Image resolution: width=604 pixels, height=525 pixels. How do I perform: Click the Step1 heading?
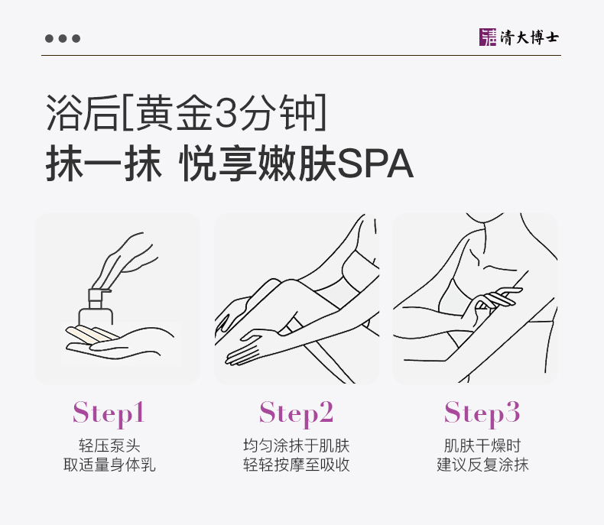(x=109, y=413)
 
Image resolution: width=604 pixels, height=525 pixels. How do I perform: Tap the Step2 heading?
(x=296, y=413)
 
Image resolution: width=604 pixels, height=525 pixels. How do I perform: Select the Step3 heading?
(x=482, y=413)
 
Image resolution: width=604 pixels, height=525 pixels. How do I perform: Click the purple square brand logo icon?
(x=488, y=37)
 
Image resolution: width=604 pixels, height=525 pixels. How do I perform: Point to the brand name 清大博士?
(x=529, y=37)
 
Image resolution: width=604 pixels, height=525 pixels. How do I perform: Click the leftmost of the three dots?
(x=49, y=38)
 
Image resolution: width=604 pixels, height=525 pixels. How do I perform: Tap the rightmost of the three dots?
(x=76, y=38)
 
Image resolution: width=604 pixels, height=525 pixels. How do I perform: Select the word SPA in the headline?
(x=375, y=164)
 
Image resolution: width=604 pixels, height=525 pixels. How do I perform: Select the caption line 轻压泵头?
(x=109, y=446)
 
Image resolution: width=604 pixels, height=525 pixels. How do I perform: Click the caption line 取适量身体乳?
(x=109, y=465)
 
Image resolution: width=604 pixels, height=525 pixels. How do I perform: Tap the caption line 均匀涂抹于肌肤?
(x=296, y=446)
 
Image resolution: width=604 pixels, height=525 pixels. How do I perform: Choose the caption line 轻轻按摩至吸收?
(x=296, y=465)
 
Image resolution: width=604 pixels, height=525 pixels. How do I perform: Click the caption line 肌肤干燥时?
(x=482, y=446)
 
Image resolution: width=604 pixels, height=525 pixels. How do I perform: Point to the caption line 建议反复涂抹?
(x=482, y=465)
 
